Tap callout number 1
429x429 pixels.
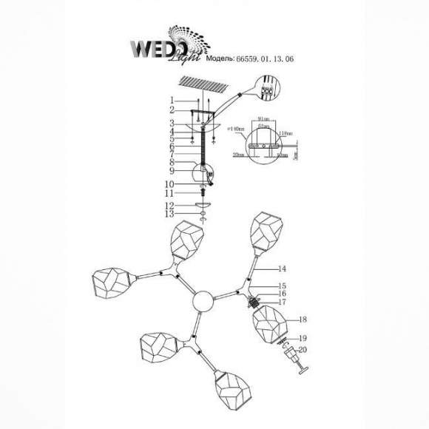click(x=171, y=100)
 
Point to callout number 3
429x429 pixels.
click(x=171, y=123)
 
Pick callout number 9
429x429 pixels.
click(x=171, y=170)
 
